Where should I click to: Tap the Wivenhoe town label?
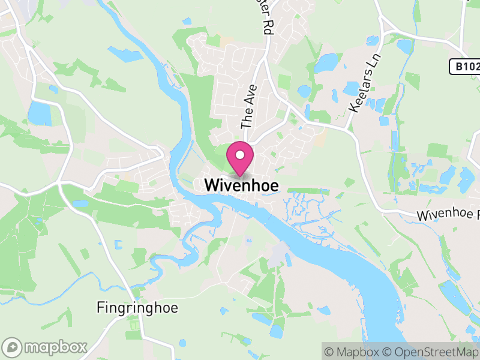[x=241, y=186]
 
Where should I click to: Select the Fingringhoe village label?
[x=137, y=308]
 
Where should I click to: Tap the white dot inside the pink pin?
[x=240, y=155]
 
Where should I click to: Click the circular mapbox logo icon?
[x=13, y=347]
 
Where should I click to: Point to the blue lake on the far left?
[x=40, y=113]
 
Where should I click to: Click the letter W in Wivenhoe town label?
[x=212, y=186]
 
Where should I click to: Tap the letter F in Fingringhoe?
[x=100, y=308]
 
